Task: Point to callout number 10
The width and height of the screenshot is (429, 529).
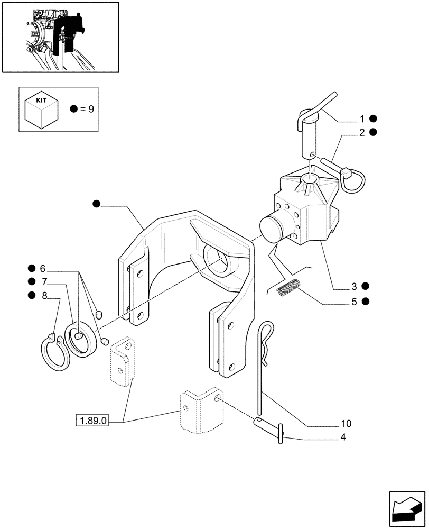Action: pyautogui.click(x=347, y=424)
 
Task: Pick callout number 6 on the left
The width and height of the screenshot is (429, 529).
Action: pyautogui.click(x=43, y=269)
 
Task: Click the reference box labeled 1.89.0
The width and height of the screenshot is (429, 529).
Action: pyautogui.click(x=93, y=421)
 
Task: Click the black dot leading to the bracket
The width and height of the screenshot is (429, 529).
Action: pyautogui.click(x=96, y=204)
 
